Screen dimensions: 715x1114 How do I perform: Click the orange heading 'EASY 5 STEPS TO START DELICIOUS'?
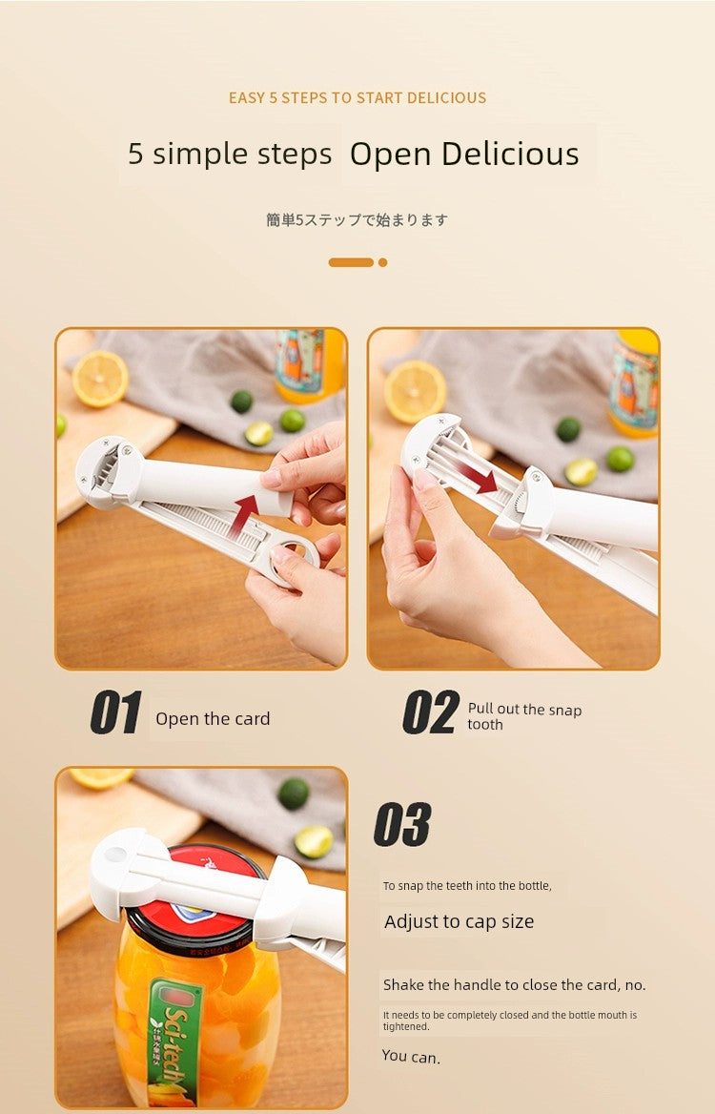tap(357, 98)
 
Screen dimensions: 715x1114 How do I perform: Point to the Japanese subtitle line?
tap(357, 220)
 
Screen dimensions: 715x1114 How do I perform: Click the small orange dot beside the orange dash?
tap(382, 263)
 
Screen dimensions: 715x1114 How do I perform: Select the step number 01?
tap(115, 712)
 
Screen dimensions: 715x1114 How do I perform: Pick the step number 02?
tap(430, 712)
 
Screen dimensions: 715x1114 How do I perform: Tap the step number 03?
tap(402, 824)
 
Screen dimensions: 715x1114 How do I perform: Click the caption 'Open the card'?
tap(213, 719)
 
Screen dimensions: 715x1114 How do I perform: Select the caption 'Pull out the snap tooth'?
tap(524, 717)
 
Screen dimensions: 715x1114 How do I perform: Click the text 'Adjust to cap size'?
tap(459, 922)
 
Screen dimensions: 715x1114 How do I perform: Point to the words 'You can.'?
tap(411, 1057)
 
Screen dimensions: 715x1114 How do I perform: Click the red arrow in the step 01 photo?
tap(243, 515)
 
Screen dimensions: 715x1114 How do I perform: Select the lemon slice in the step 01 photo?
tap(100, 379)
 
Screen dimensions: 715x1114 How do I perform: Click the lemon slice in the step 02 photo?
tap(416, 392)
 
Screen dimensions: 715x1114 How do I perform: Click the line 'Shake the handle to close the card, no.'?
tap(514, 985)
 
